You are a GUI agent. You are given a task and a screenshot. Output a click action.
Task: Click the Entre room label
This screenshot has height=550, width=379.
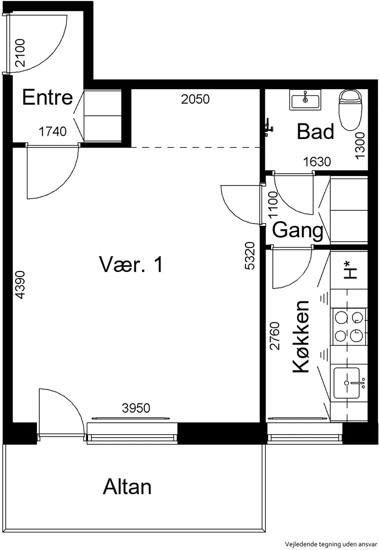[x=48, y=97]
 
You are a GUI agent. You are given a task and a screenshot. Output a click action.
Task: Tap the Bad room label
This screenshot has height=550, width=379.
[x=315, y=131]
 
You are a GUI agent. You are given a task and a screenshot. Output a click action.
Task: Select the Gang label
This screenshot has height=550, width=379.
[x=298, y=231]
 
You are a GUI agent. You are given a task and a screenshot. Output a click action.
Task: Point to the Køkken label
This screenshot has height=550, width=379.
[x=301, y=337]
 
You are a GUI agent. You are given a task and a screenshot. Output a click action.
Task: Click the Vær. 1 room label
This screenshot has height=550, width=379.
[x=131, y=264]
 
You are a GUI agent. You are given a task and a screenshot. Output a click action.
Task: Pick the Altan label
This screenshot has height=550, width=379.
[x=127, y=487]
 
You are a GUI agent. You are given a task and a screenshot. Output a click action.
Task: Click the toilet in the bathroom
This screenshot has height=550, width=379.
[x=350, y=110]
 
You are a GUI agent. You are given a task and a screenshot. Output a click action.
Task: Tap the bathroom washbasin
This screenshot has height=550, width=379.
[x=305, y=100]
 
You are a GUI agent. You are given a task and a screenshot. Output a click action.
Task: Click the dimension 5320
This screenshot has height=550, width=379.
[x=250, y=256]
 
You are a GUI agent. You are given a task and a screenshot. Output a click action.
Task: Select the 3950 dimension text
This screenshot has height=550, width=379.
[x=136, y=408]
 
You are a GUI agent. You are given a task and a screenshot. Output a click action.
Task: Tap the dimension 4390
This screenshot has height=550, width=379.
[x=20, y=285]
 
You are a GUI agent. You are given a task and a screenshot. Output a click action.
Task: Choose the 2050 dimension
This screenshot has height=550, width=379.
[x=196, y=99]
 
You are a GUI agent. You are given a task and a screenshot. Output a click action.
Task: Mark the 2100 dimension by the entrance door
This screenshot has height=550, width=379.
[x=20, y=53]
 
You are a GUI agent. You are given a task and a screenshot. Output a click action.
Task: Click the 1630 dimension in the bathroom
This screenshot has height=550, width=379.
[x=317, y=162]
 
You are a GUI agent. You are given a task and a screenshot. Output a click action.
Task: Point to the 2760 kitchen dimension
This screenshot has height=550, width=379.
[x=275, y=336]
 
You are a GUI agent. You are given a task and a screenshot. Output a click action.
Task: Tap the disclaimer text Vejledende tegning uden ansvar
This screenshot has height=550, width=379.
[x=331, y=544]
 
